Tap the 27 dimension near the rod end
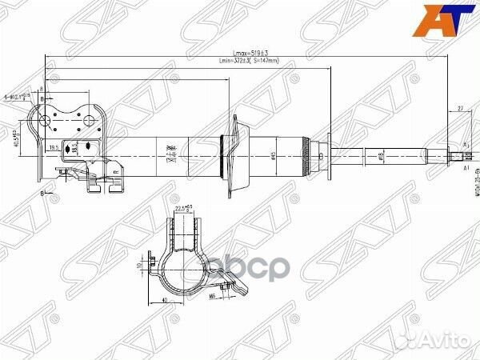click(x=462, y=106)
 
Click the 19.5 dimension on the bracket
click(x=54, y=148)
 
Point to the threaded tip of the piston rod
click(x=462, y=157)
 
